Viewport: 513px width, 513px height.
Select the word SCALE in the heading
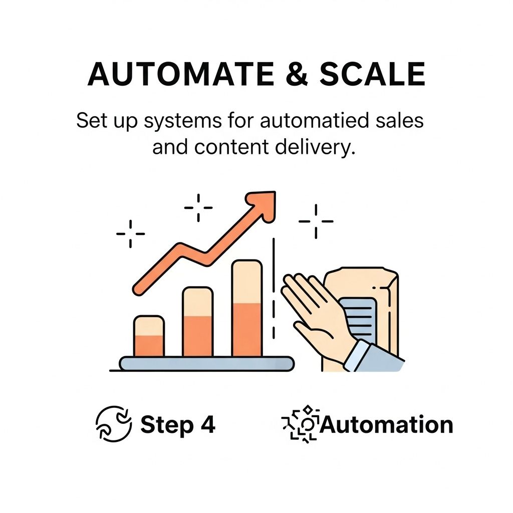[372, 75]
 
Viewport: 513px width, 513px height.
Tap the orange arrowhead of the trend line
[264, 205]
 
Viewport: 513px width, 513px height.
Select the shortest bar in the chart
[149, 337]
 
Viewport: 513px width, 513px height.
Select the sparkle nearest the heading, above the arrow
[198, 207]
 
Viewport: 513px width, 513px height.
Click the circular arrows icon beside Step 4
[114, 424]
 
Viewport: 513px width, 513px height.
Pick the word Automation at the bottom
[386, 425]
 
